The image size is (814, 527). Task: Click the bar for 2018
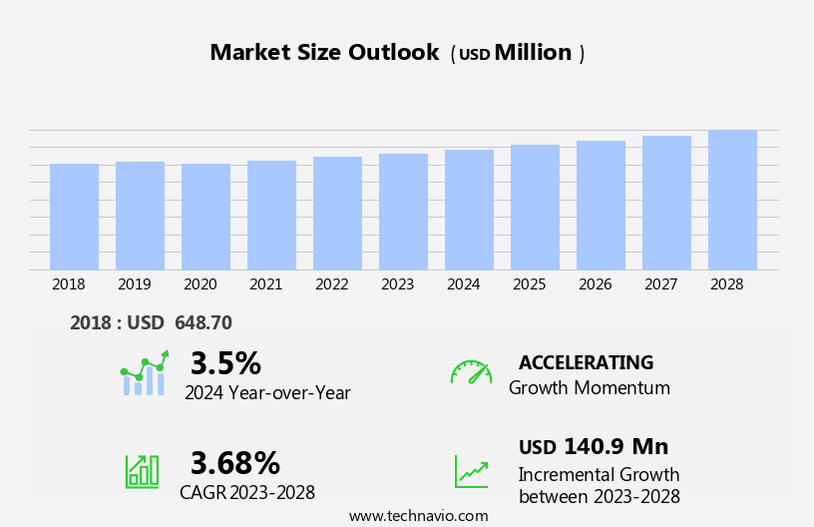coord(74,217)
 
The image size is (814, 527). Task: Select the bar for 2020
coord(205,217)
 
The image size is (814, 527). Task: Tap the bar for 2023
coord(403,212)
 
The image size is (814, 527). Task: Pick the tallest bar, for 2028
coord(732,200)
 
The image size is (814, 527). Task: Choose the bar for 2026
coord(601,206)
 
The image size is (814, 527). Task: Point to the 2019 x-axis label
coord(134,284)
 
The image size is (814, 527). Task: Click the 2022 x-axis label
coord(331,284)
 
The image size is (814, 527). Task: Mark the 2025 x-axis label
coord(529,284)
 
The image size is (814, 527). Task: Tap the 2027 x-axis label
coord(660,284)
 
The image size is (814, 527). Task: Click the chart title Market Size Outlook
coord(324,53)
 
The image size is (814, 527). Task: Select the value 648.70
coord(203,323)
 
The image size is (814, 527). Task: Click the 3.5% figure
coord(225,363)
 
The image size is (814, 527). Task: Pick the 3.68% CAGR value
coord(235,463)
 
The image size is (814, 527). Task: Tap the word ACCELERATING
coord(586,363)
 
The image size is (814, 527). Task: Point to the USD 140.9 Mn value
coord(594,447)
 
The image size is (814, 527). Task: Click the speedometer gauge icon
coord(471,372)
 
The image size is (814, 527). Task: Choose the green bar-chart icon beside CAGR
coord(142,471)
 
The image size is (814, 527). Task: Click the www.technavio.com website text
coord(418,516)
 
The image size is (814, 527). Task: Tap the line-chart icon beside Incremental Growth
coord(471,471)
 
